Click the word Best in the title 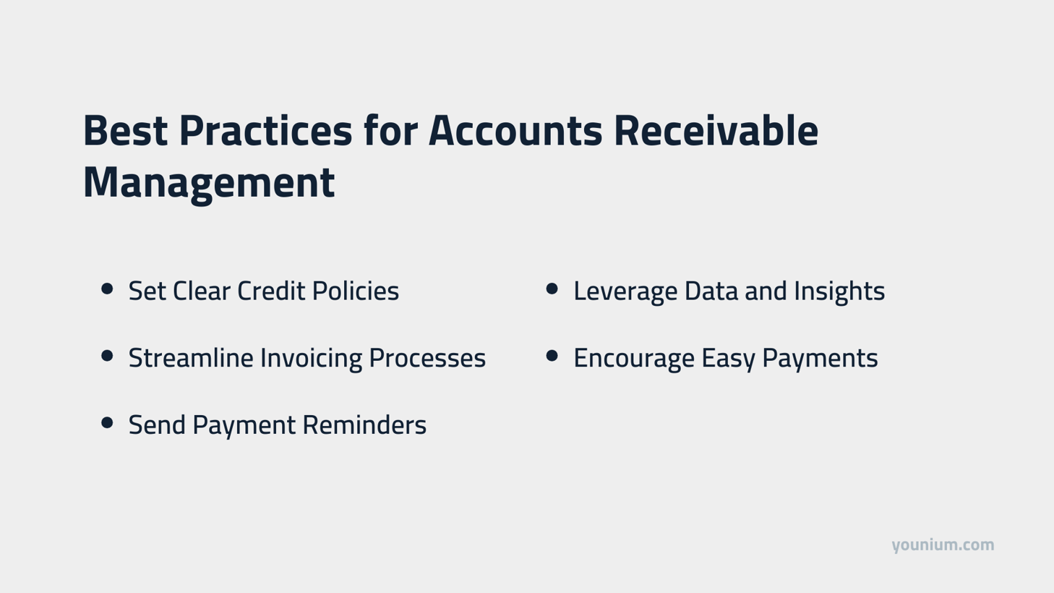coord(125,131)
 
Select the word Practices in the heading coord(265,131)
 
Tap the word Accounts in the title coord(515,131)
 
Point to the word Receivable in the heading coord(716,131)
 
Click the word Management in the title coord(209,182)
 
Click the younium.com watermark coord(943,545)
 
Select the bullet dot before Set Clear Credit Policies coord(108,289)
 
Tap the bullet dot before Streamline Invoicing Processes coord(108,356)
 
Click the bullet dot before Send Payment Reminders coord(108,423)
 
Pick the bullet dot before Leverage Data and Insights coord(552,289)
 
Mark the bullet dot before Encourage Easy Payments coord(552,356)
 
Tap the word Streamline coord(190,358)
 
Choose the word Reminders coord(364,425)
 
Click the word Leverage coord(625,291)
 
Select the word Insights coord(839,291)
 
